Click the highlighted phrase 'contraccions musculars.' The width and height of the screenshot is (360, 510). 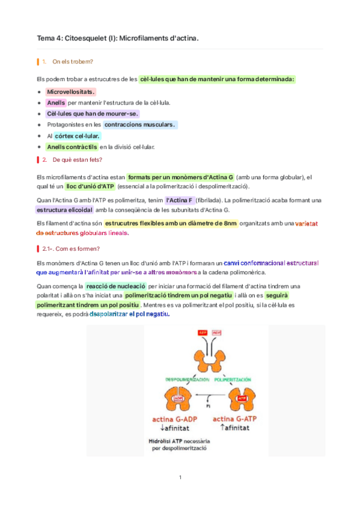coord(140,124)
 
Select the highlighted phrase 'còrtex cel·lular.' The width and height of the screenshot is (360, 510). coord(78,136)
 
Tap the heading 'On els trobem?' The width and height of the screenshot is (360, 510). coord(73,61)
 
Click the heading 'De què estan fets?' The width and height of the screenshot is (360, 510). coord(78,159)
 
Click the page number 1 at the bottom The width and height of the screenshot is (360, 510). coord(180,478)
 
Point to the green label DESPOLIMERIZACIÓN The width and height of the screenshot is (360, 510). coord(186,379)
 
